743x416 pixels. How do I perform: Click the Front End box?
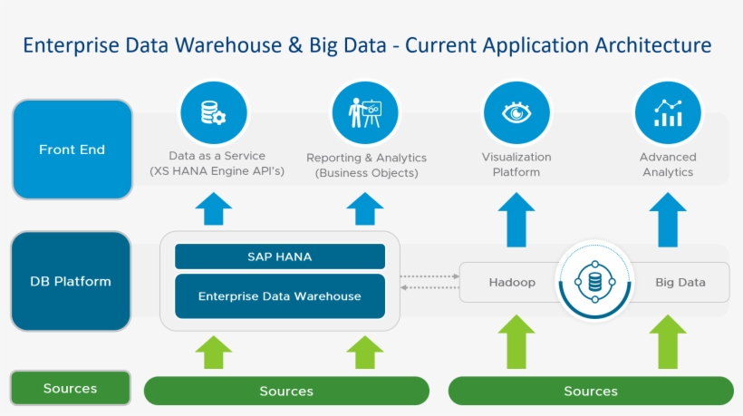pyautogui.click(x=72, y=150)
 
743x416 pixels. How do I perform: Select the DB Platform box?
pyautogui.click(x=71, y=281)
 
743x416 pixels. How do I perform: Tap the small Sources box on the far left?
pyautogui.click(x=70, y=388)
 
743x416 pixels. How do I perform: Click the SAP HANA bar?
pyautogui.click(x=279, y=256)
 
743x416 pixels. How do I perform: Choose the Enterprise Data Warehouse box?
pyautogui.click(x=279, y=296)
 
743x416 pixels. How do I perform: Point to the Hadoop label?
pyautogui.click(x=512, y=282)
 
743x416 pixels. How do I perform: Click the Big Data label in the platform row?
pyautogui.click(x=680, y=282)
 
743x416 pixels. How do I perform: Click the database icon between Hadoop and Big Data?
pyautogui.click(x=594, y=281)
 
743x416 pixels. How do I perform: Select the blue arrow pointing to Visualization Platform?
pyautogui.click(x=516, y=218)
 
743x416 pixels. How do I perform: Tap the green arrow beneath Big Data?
pyautogui.click(x=667, y=341)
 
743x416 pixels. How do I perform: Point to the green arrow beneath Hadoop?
pyautogui.click(x=516, y=341)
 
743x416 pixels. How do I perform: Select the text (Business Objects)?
pyautogui.click(x=366, y=172)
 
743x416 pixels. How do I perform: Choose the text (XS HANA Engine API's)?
pyautogui.click(x=217, y=171)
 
